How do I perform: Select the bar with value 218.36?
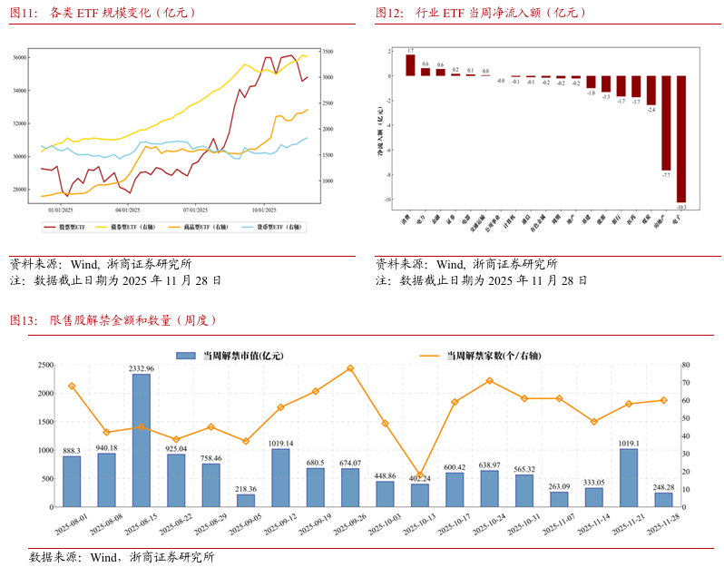click(x=246, y=501)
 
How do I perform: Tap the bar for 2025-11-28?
click(x=664, y=500)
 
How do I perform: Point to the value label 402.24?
click(x=420, y=477)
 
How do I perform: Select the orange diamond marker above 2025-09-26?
click(x=350, y=368)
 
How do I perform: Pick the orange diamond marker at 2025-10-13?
click(x=420, y=475)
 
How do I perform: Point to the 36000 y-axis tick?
click(x=19, y=58)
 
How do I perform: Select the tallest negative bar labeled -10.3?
click(x=680, y=138)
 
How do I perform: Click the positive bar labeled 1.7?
click(x=410, y=65)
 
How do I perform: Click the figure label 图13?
click(x=23, y=319)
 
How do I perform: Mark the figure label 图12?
click(x=389, y=13)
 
